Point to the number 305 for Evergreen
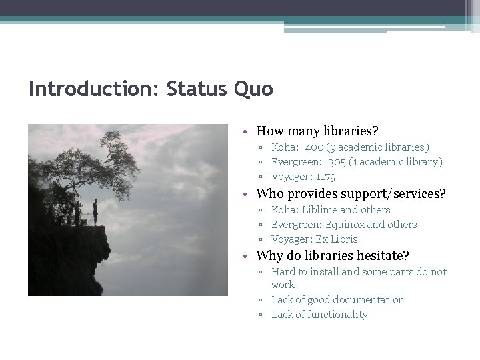[337, 161]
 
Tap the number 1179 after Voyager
[325, 177]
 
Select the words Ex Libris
[337, 239]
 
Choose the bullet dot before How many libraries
[246, 131]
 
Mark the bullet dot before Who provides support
[246, 194]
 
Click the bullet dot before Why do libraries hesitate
[246, 256]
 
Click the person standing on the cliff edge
[95, 211]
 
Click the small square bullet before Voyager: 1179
[263, 177]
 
